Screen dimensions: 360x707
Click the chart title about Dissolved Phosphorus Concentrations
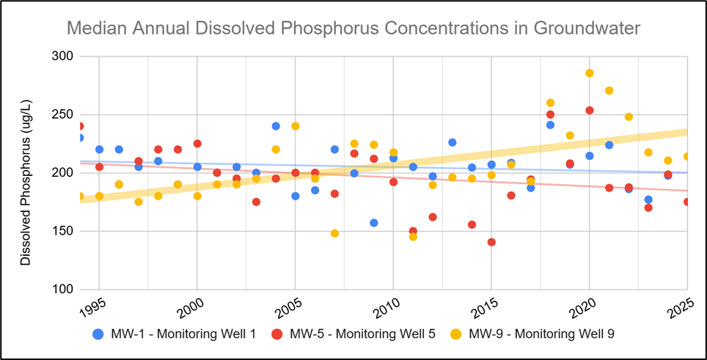point(353,29)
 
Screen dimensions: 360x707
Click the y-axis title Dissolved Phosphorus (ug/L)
point(26,173)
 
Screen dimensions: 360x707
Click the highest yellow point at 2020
point(589,73)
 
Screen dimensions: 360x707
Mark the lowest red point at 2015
point(491,242)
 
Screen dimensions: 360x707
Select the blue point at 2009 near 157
point(373,223)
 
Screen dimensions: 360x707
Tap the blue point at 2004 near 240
point(276,126)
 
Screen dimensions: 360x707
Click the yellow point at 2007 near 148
point(334,233)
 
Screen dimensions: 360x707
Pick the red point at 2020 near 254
point(589,110)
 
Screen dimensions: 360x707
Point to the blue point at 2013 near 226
point(452,142)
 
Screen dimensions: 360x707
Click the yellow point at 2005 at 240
point(296,126)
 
